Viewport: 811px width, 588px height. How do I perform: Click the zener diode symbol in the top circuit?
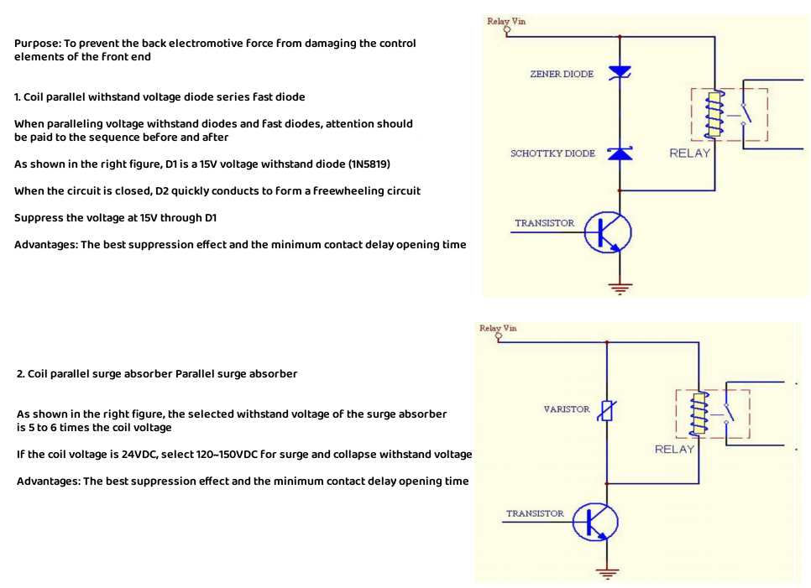pos(620,72)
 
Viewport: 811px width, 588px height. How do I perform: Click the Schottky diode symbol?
pos(620,154)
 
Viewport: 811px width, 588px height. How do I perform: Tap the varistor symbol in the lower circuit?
pos(607,411)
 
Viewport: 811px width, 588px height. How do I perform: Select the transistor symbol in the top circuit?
pos(608,232)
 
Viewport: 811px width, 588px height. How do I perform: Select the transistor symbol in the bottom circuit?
pos(595,522)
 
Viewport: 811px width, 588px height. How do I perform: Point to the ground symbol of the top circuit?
pos(620,289)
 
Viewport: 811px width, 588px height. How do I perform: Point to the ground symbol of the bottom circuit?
pos(607,573)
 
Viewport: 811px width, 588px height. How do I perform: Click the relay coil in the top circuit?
pos(714,115)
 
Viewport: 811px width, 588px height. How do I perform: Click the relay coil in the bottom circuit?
pos(699,414)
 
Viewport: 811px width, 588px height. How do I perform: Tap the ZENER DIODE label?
pos(562,74)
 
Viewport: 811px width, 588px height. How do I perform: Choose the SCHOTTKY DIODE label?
pos(552,154)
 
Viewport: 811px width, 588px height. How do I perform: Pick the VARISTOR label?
pos(567,409)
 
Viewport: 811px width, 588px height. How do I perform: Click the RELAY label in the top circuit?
pos(689,154)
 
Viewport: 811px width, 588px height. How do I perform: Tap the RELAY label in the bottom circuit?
pos(674,450)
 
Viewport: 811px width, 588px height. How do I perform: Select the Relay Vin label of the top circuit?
pos(506,21)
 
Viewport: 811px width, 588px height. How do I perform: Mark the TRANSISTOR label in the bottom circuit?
pos(535,513)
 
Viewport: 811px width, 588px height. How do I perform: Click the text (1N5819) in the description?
pos(369,164)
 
